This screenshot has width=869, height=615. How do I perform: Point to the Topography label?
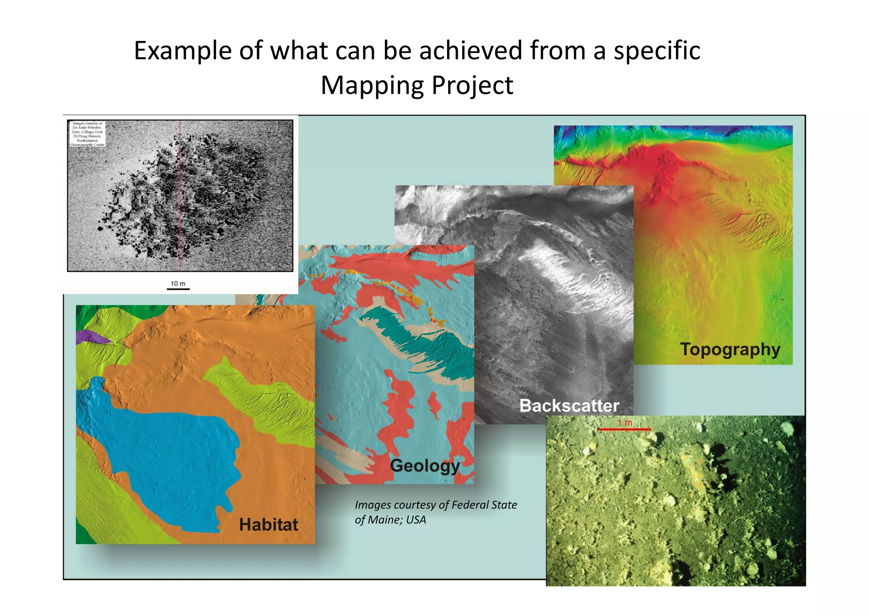point(730,350)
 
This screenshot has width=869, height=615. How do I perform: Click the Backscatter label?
point(569,406)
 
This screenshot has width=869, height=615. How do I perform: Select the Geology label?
point(425,466)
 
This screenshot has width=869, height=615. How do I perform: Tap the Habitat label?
point(268,525)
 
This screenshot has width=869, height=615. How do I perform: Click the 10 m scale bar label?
point(178,284)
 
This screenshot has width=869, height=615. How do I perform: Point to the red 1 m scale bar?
point(624,429)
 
